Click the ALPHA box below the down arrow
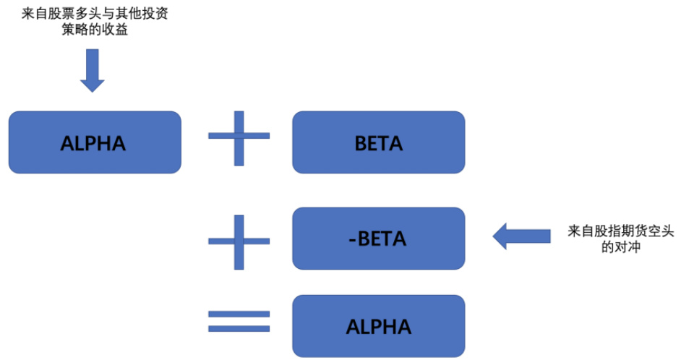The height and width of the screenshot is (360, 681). (x=94, y=142)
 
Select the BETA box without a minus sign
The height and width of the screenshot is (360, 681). (x=378, y=142)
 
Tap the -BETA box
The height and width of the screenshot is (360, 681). (x=378, y=238)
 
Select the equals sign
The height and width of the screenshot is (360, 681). (x=239, y=322)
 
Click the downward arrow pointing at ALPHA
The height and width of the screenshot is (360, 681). (x=92, y=69)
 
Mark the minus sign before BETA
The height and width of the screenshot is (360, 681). (x=351, y=239)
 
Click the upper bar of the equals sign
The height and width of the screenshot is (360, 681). (x=239, y=314)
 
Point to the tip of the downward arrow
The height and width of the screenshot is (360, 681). (x=92, y=90)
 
